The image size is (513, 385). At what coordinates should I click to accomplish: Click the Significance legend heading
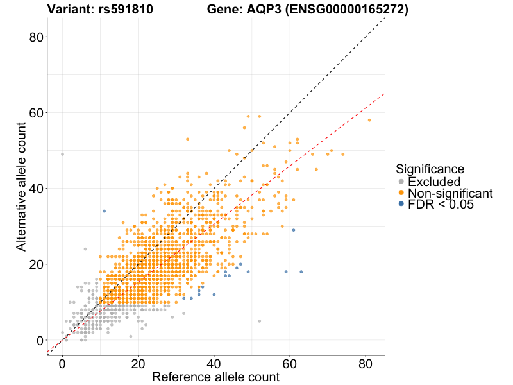pos(430,169)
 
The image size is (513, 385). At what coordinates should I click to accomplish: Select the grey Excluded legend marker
pos(401,182)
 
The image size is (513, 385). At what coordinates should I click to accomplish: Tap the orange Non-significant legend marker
pos(401,193)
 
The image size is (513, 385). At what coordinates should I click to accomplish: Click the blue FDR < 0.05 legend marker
pos(401,204)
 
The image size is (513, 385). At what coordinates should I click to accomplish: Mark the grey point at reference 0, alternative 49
pos(62,154)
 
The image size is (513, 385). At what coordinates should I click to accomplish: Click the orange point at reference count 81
pos(369,120)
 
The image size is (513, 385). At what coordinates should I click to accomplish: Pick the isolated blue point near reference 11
pos(104,211)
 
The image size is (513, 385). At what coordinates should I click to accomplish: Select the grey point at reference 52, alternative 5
pos(259,321)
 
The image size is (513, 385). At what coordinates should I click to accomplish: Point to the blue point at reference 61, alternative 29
pos(293,230)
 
